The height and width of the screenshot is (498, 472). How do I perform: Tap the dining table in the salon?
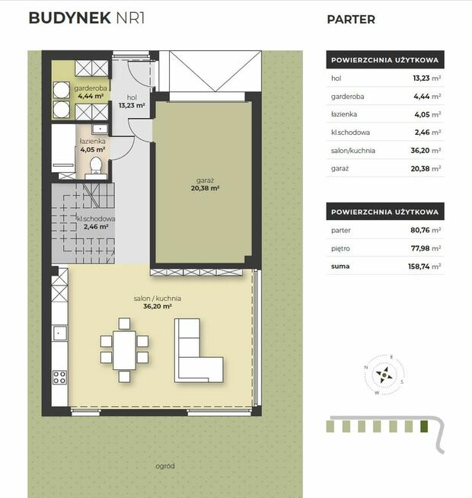(x=124, y=350)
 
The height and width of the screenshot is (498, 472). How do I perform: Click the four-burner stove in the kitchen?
(x=59, y=378)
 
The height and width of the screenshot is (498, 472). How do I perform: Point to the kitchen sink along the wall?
(x=59, y=334)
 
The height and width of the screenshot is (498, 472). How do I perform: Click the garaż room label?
(x=206, y=180)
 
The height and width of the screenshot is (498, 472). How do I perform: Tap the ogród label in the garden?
(x=165, y=466)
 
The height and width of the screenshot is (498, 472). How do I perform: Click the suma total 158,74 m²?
(x=424, y=267)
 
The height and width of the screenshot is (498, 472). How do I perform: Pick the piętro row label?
(x=340, y=249)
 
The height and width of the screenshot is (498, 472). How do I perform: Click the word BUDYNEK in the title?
(x=69, y=18)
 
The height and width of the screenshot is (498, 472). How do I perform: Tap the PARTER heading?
(x=351, y=19)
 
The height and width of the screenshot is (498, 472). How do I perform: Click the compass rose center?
(x=384, y=375)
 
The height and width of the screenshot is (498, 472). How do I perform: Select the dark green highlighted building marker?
(x=424, y=426)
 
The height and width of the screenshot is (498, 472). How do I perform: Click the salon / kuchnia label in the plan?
(x=158, y=298)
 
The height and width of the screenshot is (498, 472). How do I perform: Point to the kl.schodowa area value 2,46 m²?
(x=96, y=227)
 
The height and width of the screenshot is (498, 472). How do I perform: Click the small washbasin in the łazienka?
(x=100, y=129)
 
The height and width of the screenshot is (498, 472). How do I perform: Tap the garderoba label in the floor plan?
(x=91, y=88)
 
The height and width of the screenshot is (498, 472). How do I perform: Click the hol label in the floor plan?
(x=132, y=97)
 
